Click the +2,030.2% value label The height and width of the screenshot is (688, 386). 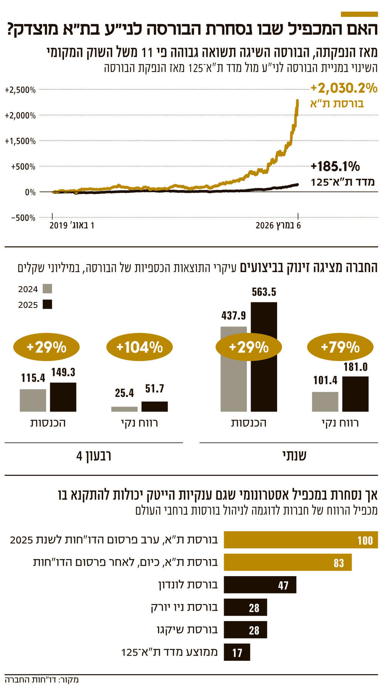pyautogui.click(x=344, y=89)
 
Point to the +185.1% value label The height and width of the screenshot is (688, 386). pyautogui.click(x=335, y=166)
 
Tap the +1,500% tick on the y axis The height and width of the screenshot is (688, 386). pyautogui.click(x=20, y=141)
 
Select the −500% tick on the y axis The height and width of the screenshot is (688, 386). pyautogui.click(x=23, y=218)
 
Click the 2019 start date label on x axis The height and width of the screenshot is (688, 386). pyautogui.click(x=72, y=225)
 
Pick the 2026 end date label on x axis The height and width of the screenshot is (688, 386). pyautogui.click(x=278, y=225)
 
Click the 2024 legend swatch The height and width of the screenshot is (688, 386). pyautogui.click(x=47, y=289)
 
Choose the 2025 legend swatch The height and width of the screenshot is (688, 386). pyautogui.click(x=47, y=304)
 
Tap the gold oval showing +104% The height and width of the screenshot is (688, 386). pyautogui.click(x=139, y=347)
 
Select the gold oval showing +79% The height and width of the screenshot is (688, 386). pyautogui.click(x=340, y=347)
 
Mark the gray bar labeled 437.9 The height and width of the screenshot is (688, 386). pyautogui.click(x=233, y=385)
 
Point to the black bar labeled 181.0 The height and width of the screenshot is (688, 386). pyautogui.click(x=355, y=394)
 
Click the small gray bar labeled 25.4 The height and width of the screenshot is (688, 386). pyautogui.click(x=124, y=409)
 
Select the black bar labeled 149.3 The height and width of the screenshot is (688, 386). pyautogui.click(x=63, y=397)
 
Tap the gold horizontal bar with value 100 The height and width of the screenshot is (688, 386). pyautogui.click(x=300, y=540)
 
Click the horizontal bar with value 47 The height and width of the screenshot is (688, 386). pyautogui.click(x=260, y=585)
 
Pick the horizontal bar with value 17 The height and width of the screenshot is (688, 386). pyautogui.click(x=237, y=652)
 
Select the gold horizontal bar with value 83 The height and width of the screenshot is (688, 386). pyautogui.click(x=288, y=562)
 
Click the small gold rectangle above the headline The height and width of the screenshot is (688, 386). pyautogui.click(x=359, y=14)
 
